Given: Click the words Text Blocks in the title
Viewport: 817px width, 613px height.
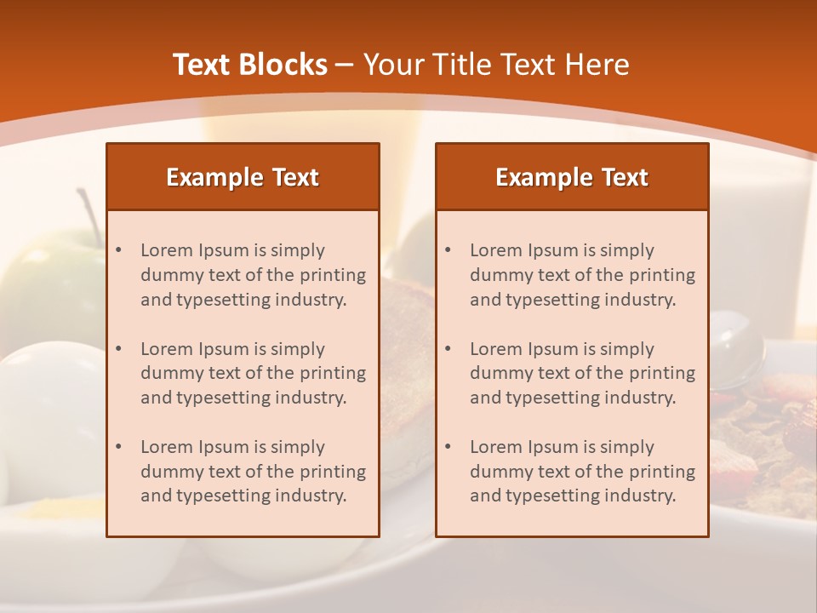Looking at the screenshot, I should [249, 65].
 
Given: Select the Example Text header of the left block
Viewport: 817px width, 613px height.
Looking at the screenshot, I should [243, 177].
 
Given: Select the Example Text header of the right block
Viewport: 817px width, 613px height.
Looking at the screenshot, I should [572, 177].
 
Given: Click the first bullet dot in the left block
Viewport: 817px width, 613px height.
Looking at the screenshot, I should [119, 250].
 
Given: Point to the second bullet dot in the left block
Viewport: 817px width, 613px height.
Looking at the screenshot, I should [119, 349].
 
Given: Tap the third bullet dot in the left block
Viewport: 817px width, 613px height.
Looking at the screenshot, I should [119, 447].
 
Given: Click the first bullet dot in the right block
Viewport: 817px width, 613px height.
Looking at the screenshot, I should [448, 250].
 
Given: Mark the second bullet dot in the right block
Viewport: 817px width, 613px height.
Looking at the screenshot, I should [448, 349].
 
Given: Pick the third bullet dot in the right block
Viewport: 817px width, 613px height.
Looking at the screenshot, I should [448, 447].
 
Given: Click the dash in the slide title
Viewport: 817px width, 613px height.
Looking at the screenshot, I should [345, 65].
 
